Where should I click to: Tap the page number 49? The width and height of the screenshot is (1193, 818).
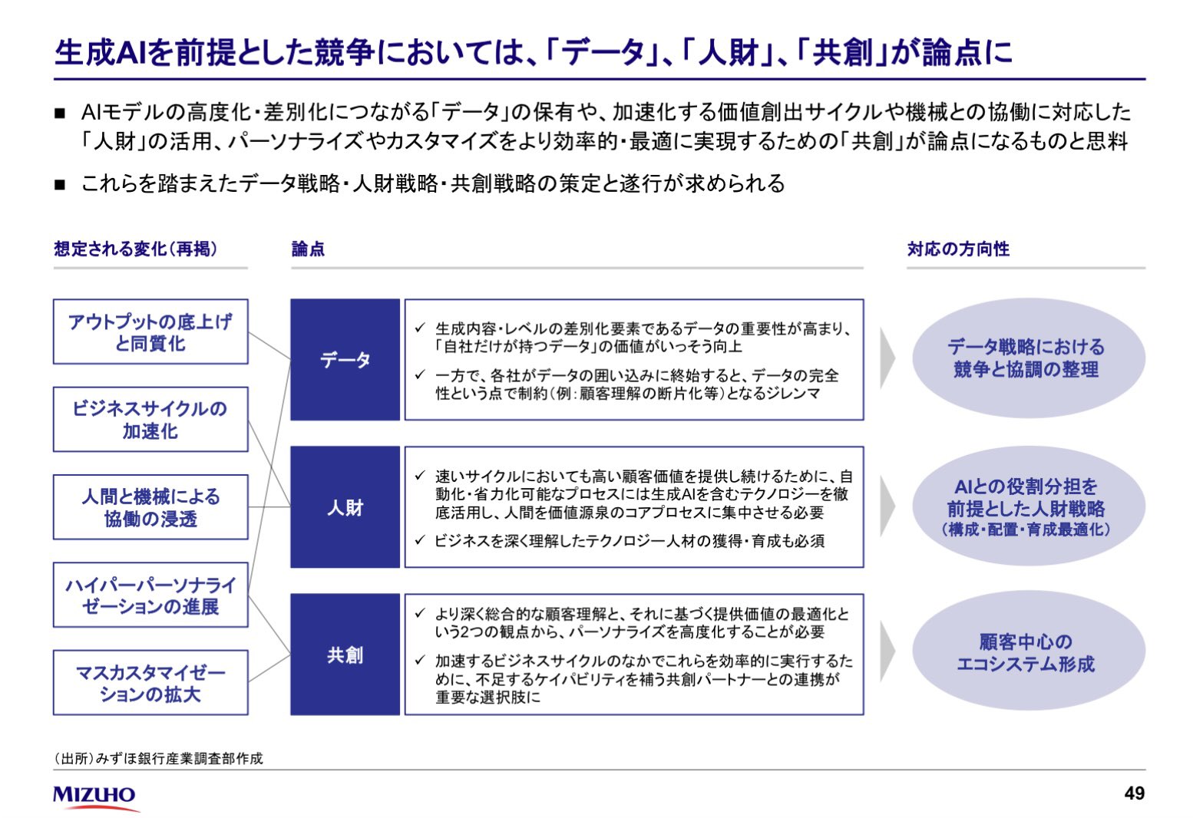tap(1133, 793)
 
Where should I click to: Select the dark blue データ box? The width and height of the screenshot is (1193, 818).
tap(345, 360)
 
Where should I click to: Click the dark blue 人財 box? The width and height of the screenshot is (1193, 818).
tap(345, 507)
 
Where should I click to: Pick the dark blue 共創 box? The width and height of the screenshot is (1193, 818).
tap(345, 655)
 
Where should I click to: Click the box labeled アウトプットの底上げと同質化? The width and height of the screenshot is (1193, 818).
tap(150, 331)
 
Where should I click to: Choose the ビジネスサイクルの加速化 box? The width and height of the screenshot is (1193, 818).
tap(150, 420)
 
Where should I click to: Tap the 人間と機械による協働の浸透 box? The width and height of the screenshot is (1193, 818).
tap(150, 507)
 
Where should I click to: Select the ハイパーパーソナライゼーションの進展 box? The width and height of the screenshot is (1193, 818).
tap(150, 595)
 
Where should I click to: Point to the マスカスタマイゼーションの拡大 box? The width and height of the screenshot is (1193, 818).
tap(150, 683)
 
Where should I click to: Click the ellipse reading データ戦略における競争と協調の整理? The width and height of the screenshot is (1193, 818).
tap(1028, 358)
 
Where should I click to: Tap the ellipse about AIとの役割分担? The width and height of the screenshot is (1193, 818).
tap(1028, 506)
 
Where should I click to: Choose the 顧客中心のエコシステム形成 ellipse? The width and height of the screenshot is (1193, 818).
tap(1028, 652)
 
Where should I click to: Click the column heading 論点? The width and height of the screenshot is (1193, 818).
tap(308, 249)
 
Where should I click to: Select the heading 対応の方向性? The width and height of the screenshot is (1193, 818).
tap(958, 249)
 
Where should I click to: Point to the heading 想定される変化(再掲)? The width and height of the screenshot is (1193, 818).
tap(136, 249)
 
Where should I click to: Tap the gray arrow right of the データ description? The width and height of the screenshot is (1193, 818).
tap(887, 359)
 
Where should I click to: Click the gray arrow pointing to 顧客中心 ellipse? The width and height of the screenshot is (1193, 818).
tap(887, 652)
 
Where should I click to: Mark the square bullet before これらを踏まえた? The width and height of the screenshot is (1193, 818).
tap(61, 185)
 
